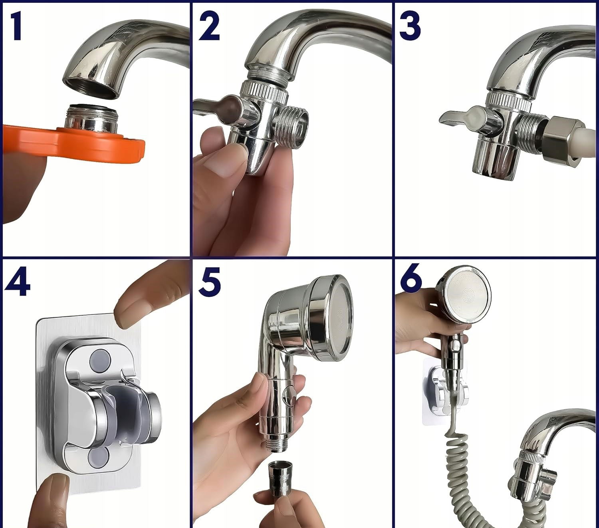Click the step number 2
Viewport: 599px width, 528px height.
(209, 27)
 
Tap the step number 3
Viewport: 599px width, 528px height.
(410, 27)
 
